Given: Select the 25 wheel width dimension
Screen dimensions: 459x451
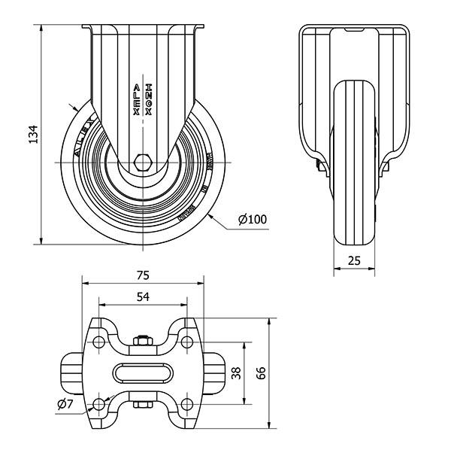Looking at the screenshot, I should click(355, 260).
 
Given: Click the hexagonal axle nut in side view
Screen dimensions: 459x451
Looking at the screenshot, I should click(143, 163).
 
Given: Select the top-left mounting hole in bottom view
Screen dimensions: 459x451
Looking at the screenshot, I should click(98, 342).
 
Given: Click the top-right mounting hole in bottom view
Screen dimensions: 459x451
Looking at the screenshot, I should click(187, 342).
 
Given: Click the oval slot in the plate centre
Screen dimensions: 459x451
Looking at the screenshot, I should click(143, 375).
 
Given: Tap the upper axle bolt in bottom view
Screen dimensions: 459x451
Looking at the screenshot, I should click(143, 343).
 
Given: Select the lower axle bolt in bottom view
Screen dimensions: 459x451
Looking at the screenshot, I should click(143, 407).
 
